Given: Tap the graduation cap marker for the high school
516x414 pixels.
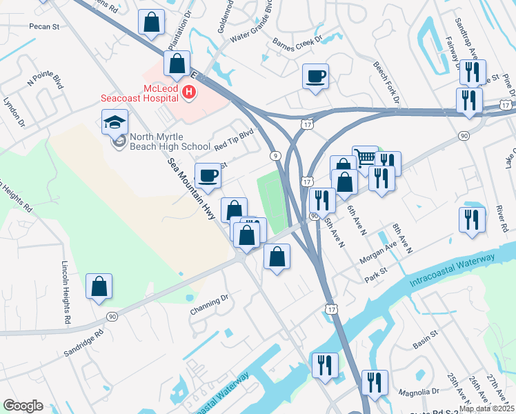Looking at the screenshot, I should click(x=115, y=123).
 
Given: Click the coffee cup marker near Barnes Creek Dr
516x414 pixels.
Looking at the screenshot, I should click(x=315, y=77).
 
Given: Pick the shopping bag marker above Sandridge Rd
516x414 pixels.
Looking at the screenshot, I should click(x=99, y=286).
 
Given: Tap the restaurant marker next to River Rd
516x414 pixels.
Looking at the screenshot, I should click(x=472, y=220).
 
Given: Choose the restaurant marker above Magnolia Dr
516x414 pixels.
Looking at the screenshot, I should click(x=375, y=383).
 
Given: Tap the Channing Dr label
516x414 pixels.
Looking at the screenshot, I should click(x=209, y=306).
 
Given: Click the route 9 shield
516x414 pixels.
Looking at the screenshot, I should click(x=275, y=156).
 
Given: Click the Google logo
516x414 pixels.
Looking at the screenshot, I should click(x=23, y=406).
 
